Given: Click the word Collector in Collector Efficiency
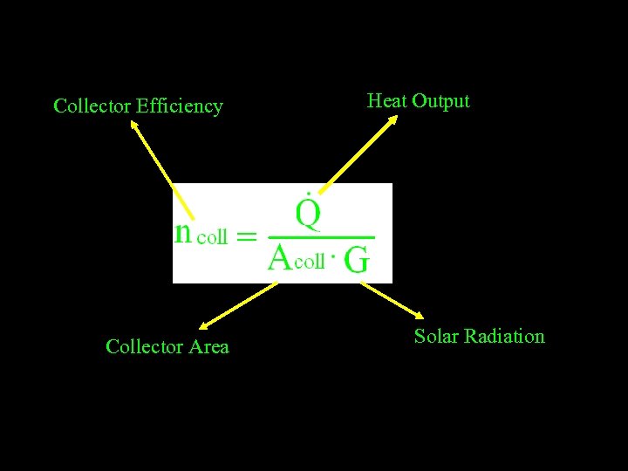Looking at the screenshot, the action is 92,106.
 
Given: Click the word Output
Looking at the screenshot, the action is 440,101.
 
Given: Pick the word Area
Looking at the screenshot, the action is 209,347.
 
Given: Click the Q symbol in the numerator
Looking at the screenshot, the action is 308,211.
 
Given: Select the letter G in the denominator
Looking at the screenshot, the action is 357,261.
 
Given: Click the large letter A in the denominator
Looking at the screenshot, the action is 280,258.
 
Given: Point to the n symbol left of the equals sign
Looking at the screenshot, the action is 183,233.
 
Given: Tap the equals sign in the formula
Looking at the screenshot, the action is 247,235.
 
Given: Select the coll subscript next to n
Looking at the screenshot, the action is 212,236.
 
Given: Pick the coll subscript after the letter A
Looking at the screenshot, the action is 310,261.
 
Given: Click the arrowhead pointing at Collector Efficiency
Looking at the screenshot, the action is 134,125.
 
